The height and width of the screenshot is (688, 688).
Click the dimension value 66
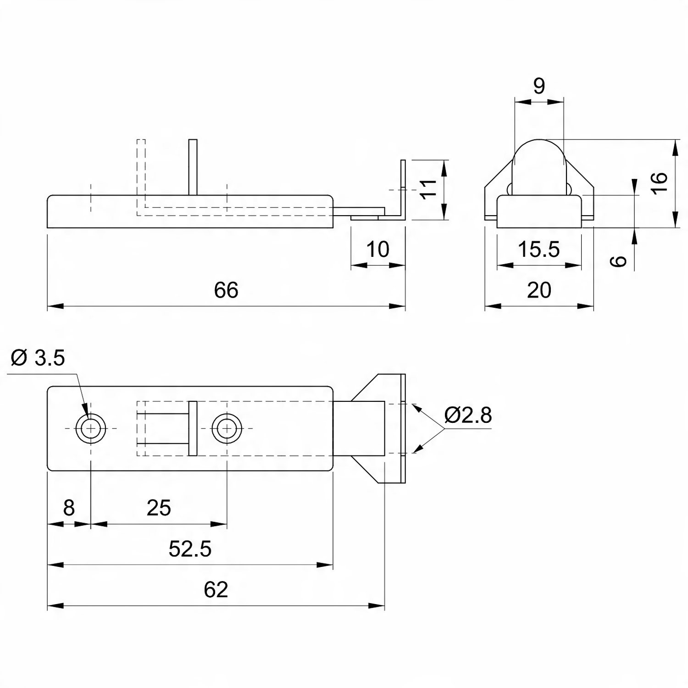(x=226, y=290)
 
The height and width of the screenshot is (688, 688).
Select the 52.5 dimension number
(x=190, y=549)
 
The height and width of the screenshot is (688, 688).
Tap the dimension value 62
(x=216, y=590)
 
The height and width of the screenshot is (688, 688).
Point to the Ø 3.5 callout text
(x=38, y=358)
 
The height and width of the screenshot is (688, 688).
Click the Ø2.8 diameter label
(x=468, y=415)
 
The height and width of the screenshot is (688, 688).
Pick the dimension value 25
(x=159, y=508)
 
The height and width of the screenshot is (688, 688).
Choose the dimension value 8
(x=69, y=508)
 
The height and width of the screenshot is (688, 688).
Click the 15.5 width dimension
(x=539, y=250)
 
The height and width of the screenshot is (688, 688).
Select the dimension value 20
(x=539, y=290)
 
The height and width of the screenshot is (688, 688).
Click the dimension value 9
(x=539, y=86)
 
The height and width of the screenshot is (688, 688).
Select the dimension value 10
(x=378, y=250)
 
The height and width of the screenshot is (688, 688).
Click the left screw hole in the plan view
(x=91, y=429)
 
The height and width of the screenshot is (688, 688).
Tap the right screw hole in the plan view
(x=227, y=429)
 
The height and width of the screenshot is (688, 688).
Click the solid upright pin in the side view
(x=193, y=167)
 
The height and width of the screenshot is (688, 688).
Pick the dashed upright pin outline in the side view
(x=141, y=177)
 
